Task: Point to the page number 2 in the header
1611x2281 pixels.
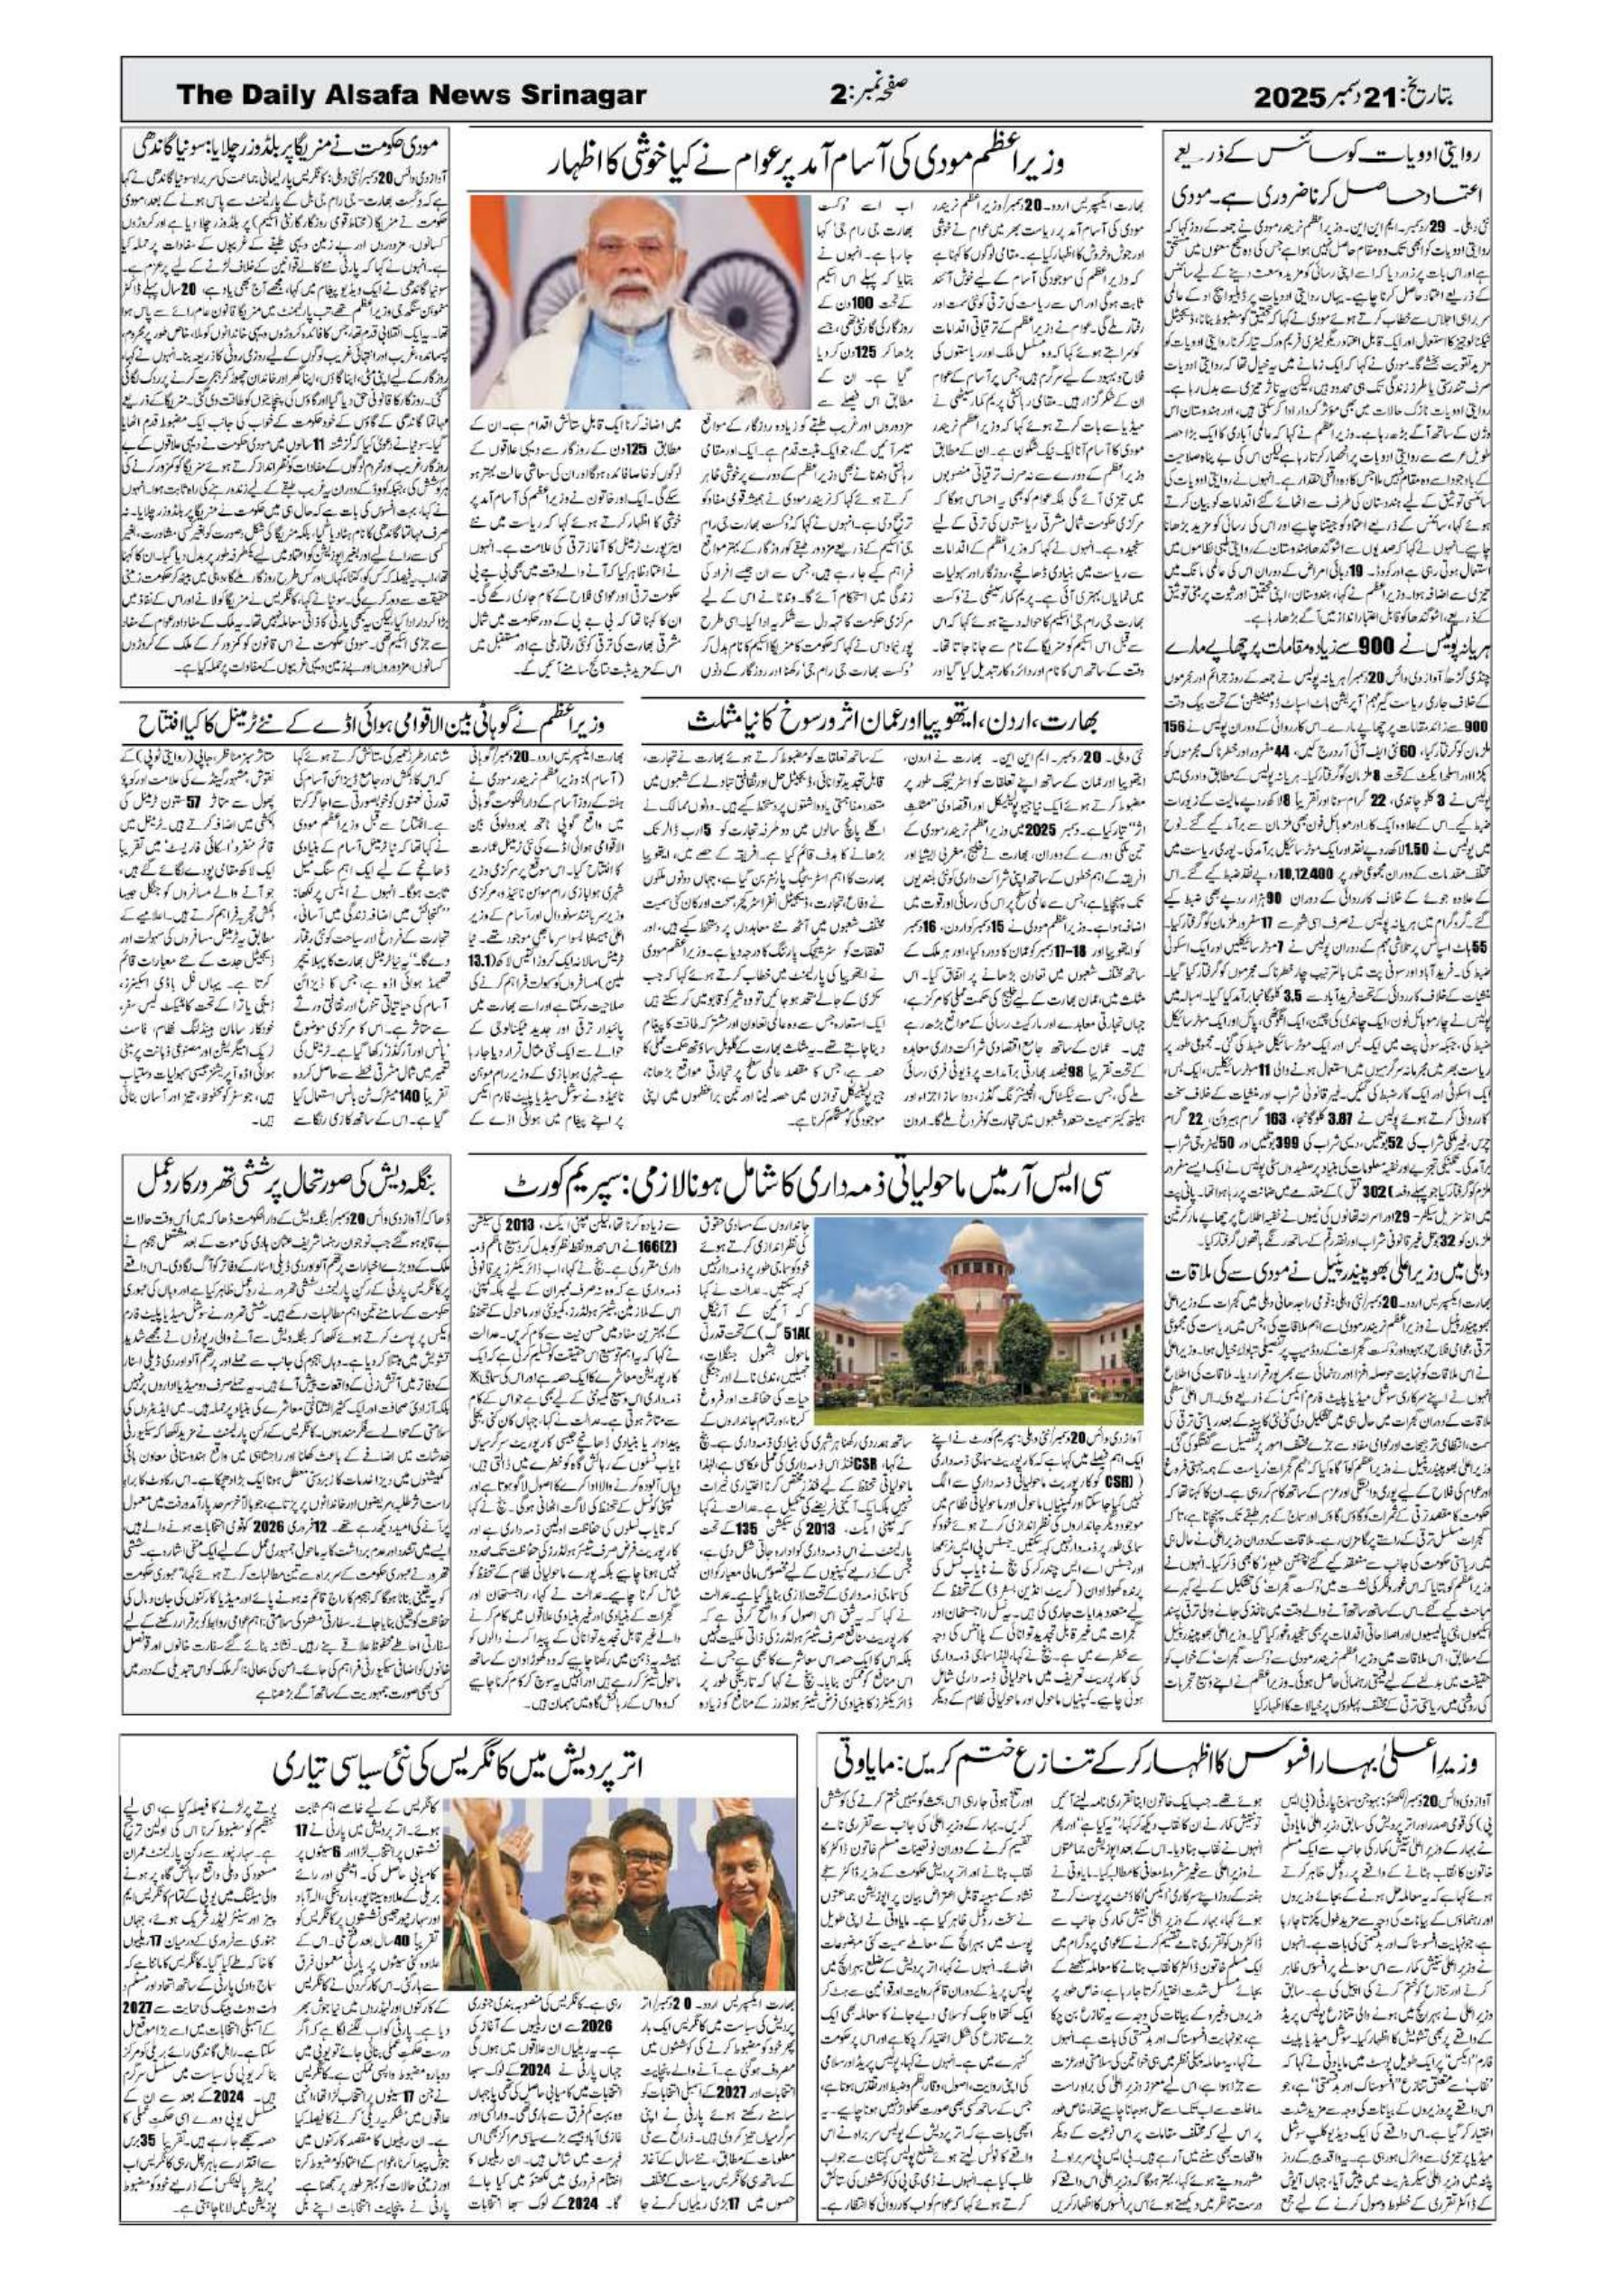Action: point(838,97)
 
